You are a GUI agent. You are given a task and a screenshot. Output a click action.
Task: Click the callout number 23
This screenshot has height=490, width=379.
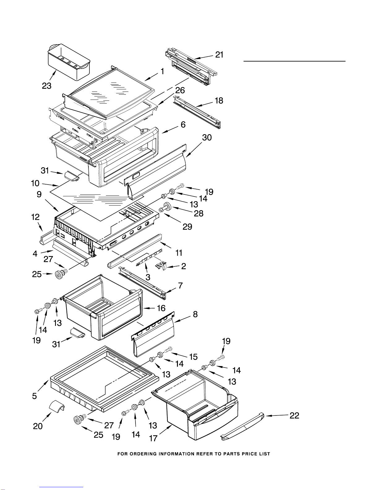[x=47, y=86]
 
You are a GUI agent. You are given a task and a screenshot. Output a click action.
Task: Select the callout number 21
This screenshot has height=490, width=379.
[x=219, y=55]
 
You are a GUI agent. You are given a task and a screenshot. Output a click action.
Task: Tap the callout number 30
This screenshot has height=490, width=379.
[x=207, y=138]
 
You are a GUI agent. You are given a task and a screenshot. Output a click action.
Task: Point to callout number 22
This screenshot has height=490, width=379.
[x=295, y=415]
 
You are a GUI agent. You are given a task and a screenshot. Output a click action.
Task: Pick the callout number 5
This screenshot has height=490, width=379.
[x=34, y=396]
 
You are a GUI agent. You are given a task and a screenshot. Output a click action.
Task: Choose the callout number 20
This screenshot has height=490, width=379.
[x=38, y=426]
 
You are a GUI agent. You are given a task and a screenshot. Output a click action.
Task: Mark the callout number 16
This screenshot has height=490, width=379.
[x=161, y=308]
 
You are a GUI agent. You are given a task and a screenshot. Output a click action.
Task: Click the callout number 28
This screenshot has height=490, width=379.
[x=199, y=213]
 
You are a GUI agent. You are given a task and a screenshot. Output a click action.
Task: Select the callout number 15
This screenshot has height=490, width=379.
[x=193, y=357]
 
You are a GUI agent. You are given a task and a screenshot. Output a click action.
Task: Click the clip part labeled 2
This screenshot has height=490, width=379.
[x=161, y=266]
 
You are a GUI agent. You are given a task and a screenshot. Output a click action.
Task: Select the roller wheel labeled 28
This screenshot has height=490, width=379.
[x=165, y=207]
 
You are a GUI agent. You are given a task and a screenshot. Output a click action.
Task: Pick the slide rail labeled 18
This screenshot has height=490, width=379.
[x=197, y=112]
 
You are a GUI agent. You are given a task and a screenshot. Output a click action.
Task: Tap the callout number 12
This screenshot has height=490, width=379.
[x=35, y=217]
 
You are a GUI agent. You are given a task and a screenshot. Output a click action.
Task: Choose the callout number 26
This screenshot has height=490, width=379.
[x=180, y=90]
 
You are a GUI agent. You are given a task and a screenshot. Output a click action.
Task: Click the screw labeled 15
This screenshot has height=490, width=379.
[x=168, y=350]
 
